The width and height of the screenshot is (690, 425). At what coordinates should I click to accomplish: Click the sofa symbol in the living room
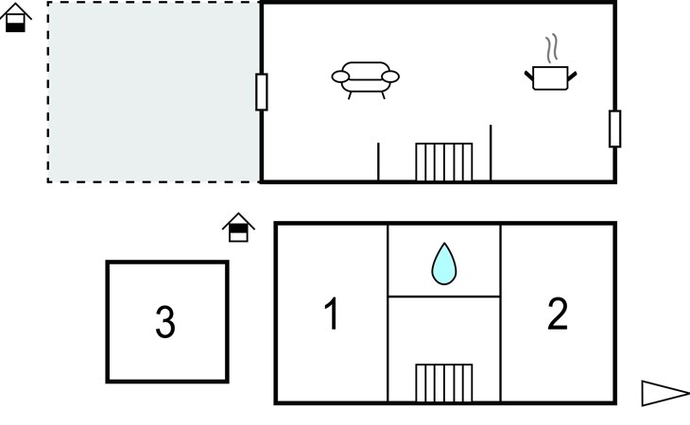click(x=366, y=78)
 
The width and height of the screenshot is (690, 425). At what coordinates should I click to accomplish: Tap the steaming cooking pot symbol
click(x=550, y=76)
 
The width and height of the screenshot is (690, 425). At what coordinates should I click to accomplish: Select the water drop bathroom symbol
click(x=443, y=263)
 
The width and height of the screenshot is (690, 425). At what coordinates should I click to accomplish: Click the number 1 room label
click(x=331, y=314)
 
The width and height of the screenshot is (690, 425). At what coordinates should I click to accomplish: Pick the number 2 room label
click(x=558, y=314)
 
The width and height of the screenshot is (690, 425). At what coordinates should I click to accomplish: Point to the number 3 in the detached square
click(x=165, y=323)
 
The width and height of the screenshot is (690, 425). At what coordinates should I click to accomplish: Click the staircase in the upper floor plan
click(x=444, y=161)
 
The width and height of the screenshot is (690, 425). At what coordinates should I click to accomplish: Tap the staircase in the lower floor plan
click(x=444, y=383)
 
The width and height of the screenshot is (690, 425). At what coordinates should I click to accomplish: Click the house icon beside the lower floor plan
click(x=239, y=228)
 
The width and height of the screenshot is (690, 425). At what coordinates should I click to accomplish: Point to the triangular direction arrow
click(x=664, y=393)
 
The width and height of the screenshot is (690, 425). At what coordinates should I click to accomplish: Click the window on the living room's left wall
click(x=262, y=92)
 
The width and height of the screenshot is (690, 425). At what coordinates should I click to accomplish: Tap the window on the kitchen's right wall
click(x=614, y=128)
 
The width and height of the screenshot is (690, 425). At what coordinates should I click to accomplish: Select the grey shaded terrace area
click(x=154, y=92)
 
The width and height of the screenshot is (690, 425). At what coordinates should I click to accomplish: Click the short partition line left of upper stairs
click(x=378, y=161)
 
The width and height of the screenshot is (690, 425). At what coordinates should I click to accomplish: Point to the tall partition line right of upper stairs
click(x=491, y=152)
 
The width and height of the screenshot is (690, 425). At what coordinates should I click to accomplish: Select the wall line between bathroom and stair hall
click(x=444, y=297)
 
